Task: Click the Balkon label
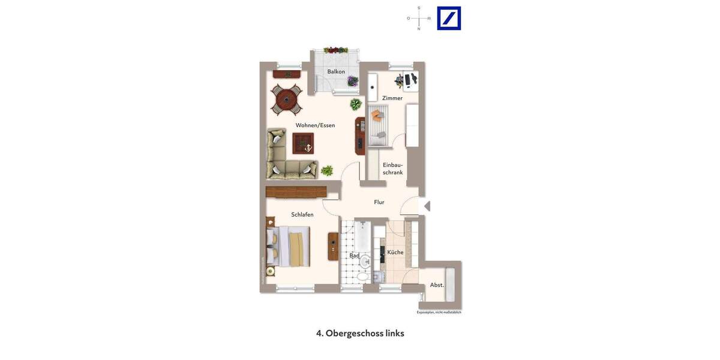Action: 336,71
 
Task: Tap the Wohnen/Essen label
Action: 315,125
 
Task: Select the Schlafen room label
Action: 302,215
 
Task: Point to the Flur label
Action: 379,202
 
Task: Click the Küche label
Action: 395,253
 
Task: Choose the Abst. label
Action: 437,285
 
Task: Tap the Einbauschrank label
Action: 393,169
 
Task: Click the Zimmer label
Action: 392,98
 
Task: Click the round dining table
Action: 287,99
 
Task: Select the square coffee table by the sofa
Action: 303,143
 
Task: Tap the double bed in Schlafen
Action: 289,246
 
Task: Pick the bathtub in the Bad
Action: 362,237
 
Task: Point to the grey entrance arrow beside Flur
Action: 427,206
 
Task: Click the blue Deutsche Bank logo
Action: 449,18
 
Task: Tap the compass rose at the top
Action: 419,18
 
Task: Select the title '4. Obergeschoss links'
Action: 360,333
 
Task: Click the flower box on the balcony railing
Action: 336,50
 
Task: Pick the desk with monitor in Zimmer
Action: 410,80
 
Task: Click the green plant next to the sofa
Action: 327,170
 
